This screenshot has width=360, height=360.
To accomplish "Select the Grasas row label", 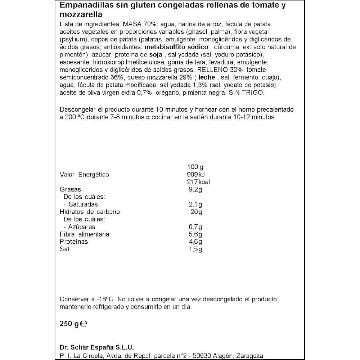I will coord(71,189).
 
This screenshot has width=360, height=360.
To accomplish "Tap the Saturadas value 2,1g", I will coord(195,204).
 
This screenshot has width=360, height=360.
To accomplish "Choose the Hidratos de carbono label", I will coord(90,212).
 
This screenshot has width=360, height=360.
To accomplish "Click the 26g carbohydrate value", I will coord(197,212).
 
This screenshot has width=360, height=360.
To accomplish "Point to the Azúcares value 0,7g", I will coord(195,227).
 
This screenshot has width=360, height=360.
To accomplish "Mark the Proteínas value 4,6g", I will coord(195,242).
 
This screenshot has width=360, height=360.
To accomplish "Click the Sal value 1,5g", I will coord(195,249).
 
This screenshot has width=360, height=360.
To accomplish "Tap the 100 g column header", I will coord(195,167).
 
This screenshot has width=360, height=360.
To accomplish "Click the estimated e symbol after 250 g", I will coord(84,324).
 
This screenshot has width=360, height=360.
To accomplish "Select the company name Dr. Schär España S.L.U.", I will coord(96,347).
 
